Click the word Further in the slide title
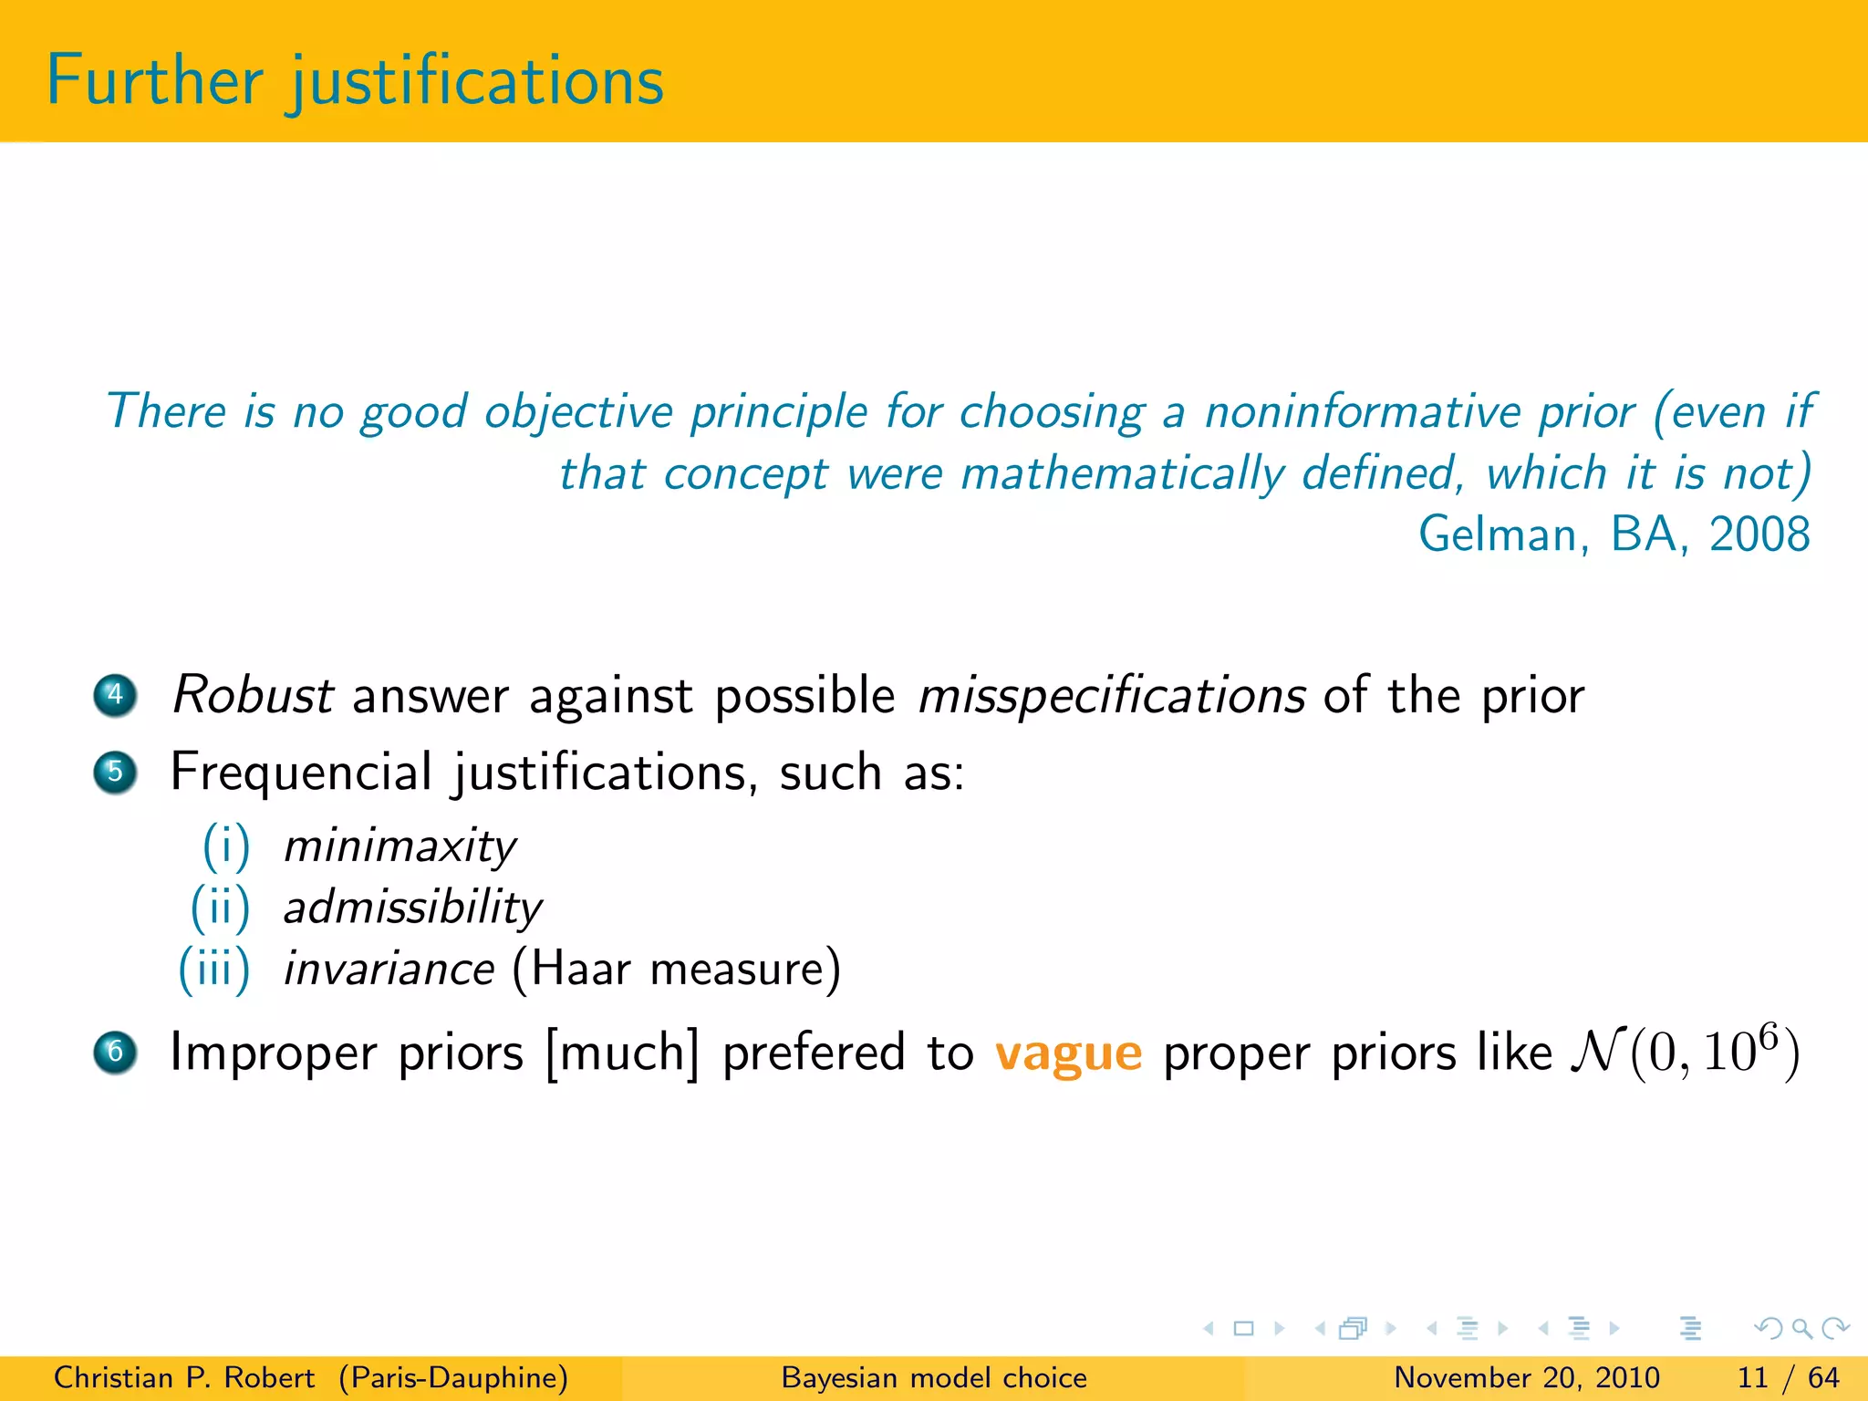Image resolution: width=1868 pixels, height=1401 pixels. [x=154, y=81]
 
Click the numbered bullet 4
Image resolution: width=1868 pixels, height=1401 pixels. [x=115, y=695]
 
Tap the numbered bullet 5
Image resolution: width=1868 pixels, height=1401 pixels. [x=115, y=773]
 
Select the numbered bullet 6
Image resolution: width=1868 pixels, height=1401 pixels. [x=115, y=1052]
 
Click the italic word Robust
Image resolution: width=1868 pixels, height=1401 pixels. [x=252, y=695]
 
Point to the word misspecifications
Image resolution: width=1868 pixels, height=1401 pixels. [x=1111, y=697]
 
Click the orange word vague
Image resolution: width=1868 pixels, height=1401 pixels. [x=1068, y=1054]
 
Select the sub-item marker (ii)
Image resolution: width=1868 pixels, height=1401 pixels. [x=220, y=908]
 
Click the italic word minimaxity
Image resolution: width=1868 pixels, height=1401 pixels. [x=400, y=846]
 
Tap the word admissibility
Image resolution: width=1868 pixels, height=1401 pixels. [x=412, y=908]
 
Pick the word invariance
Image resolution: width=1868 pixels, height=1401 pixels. [x=389, y=969]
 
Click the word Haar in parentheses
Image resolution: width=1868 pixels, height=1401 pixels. [x=580, y=969]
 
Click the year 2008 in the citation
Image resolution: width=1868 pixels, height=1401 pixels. [x=1759, y=534]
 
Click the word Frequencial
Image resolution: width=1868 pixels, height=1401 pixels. [x=301, y=773]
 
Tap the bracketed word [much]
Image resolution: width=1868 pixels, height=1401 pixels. [x=623, y=1053]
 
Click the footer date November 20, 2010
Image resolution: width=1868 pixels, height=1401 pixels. [x=1527, y=1377]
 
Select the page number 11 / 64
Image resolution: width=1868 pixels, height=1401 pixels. [x=1788, y=1377]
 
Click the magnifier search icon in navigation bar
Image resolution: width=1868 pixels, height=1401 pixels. [x=1801, y=1328]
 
